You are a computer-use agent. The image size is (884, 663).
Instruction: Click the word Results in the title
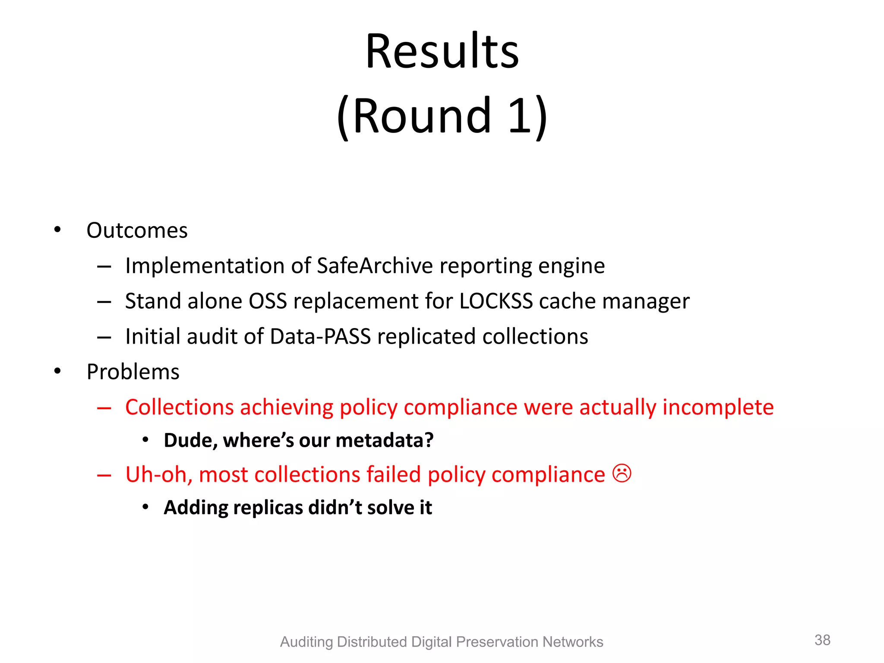coord(442,51)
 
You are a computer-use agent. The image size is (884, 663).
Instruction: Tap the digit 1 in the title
coord(519,116)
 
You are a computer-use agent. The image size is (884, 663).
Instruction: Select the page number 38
coord(822,640)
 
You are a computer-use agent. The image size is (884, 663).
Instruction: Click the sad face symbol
coord(622,474)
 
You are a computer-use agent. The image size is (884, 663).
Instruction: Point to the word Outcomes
coord(137,230)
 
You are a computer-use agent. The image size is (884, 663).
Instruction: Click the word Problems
coord(133,372)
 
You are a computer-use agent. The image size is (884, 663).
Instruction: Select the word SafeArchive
coord(375,266)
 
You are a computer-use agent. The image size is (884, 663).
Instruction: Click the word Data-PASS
coord(320,337)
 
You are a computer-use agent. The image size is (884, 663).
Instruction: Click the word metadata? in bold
coord(385,441)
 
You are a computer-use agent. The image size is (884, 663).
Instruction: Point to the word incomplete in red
coord(718,407)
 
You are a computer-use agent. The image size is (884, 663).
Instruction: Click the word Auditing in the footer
coord(306,642)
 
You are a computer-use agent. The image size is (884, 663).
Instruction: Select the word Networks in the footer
coord(572,642)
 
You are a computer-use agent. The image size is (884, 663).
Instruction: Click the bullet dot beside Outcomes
coord(58,230)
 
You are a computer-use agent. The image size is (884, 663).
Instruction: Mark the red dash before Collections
coord(104,408)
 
